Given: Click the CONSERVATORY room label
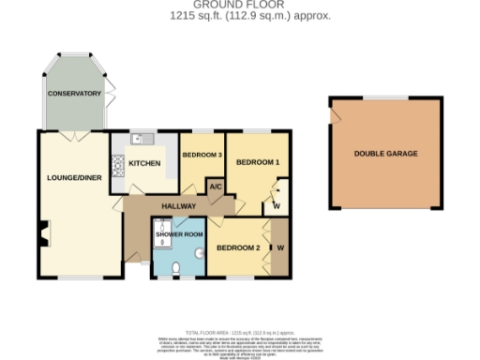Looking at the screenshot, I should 74,93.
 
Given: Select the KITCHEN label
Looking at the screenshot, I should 144,163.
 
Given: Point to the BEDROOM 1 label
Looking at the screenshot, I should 257,162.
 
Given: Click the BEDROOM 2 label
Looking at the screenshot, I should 238,248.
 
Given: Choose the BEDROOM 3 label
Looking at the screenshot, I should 201,155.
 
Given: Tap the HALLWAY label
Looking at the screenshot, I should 178,205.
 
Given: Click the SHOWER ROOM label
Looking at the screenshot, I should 180,233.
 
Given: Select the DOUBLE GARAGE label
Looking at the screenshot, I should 385,153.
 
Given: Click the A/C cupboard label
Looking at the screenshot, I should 215,187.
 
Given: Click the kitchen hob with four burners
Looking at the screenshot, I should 118,166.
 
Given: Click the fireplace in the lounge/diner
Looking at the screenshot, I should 43,233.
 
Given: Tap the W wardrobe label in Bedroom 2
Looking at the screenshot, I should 280,248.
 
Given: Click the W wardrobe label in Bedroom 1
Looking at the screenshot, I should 277,205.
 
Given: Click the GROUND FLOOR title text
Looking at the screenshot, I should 240,5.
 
